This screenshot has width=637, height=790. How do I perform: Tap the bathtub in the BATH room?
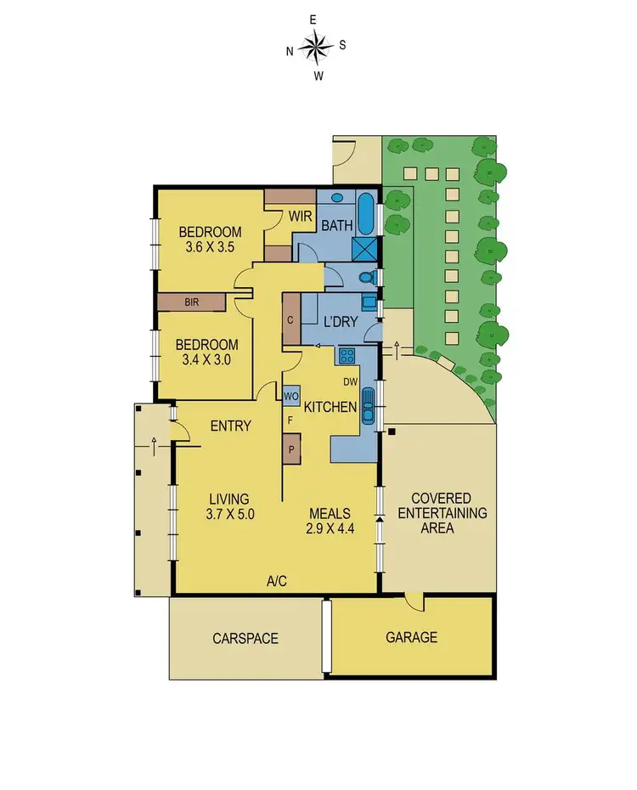tap(365, 215)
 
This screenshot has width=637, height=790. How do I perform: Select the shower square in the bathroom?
tap(365, 248)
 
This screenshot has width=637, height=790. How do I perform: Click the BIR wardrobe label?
tap(191, 302)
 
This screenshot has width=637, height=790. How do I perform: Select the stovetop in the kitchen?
tap(347, 356)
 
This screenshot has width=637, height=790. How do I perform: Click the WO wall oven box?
tap(290, 395)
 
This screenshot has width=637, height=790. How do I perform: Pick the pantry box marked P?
tap(291, 449)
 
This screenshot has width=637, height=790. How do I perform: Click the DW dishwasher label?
tap(350, 381)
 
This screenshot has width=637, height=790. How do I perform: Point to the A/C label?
tap(277, 582)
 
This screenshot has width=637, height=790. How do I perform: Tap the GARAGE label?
tap(412, 637)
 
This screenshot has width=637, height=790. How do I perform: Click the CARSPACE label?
tap(245, 638)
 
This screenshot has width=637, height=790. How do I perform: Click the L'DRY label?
tap(341, 322)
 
